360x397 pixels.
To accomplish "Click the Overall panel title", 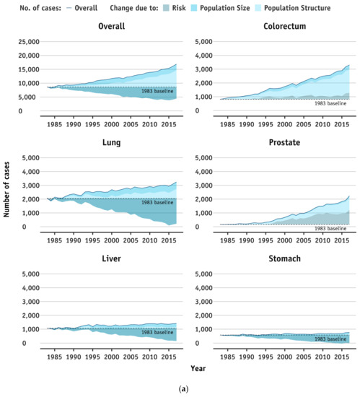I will (112, 27).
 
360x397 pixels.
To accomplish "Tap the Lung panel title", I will (112, 143).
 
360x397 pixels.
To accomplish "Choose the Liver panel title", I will (112, 258).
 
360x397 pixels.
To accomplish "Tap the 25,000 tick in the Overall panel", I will (27, 42).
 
